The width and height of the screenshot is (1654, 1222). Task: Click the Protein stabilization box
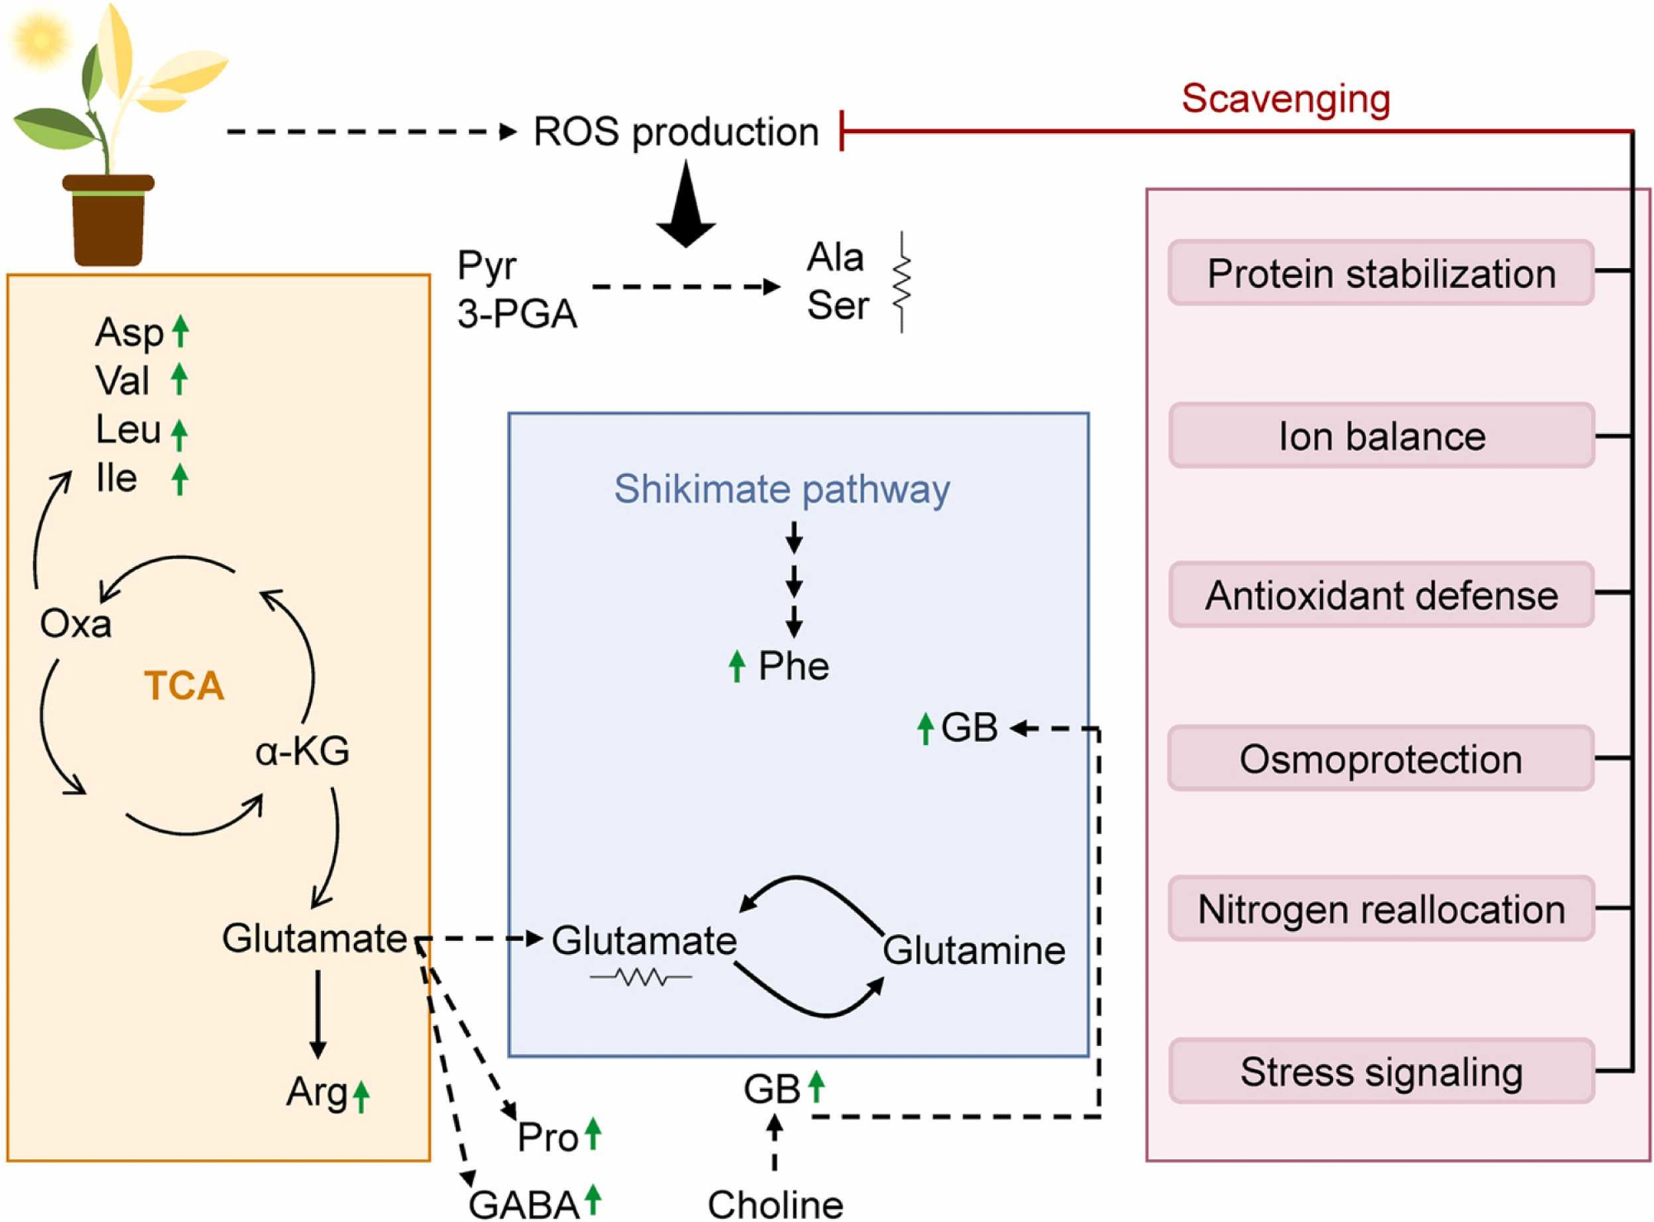[1381, 274]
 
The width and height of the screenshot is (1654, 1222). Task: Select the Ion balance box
[1381, 436]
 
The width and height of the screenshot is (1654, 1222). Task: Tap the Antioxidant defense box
[1381, 595]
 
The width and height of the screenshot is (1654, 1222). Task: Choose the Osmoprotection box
[1381, 758]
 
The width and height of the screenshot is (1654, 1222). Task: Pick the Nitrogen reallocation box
[1381, 909]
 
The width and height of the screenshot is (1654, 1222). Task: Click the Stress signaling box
[1381, 1072]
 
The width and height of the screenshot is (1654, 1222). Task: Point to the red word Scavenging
[1285, 98]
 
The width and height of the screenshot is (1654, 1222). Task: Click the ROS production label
[676, 132]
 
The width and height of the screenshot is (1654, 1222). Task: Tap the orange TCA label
[184, 685]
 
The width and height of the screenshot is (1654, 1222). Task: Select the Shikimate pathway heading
[782, 489]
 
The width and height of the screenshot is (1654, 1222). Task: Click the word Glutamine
[973, 950]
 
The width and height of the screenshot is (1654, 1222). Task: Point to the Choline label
[775, 1204]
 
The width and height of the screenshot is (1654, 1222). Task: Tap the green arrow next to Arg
[361, 1096]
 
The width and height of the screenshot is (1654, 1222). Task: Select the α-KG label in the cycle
[302, 751]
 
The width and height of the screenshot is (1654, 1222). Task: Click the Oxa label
[75, 623]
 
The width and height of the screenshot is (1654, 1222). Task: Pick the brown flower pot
[108, 221]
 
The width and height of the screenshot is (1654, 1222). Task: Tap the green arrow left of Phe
[737, 666]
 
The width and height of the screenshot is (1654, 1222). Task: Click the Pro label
[547, 1137]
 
